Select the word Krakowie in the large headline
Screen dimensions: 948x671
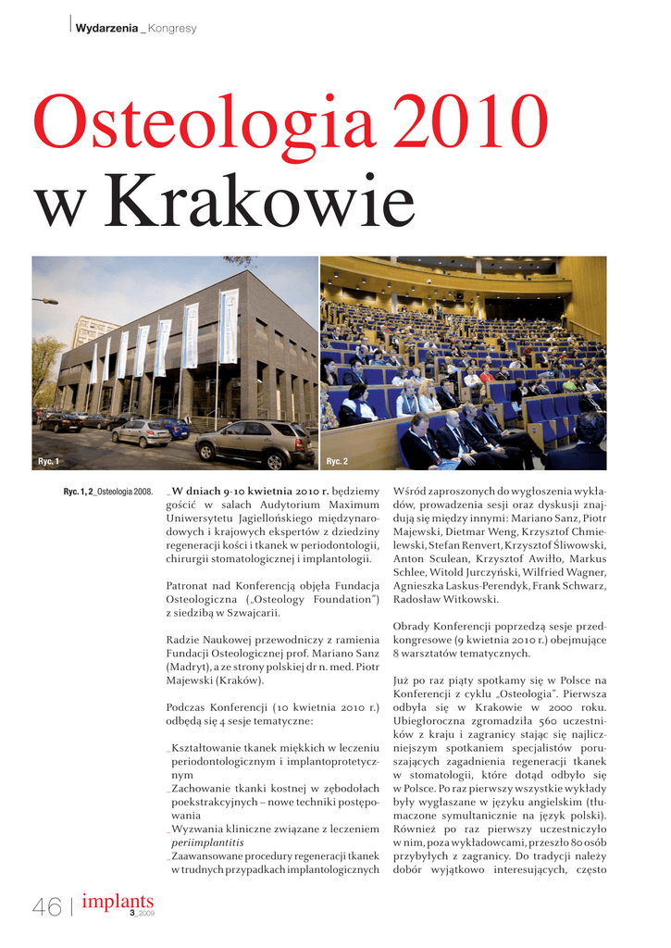point(260,206)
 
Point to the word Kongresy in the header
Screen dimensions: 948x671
point(172,29)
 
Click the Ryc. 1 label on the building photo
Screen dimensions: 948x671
point(48,460)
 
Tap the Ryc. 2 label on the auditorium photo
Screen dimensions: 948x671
point(337,460)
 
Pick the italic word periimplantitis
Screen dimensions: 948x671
point(205,843)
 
